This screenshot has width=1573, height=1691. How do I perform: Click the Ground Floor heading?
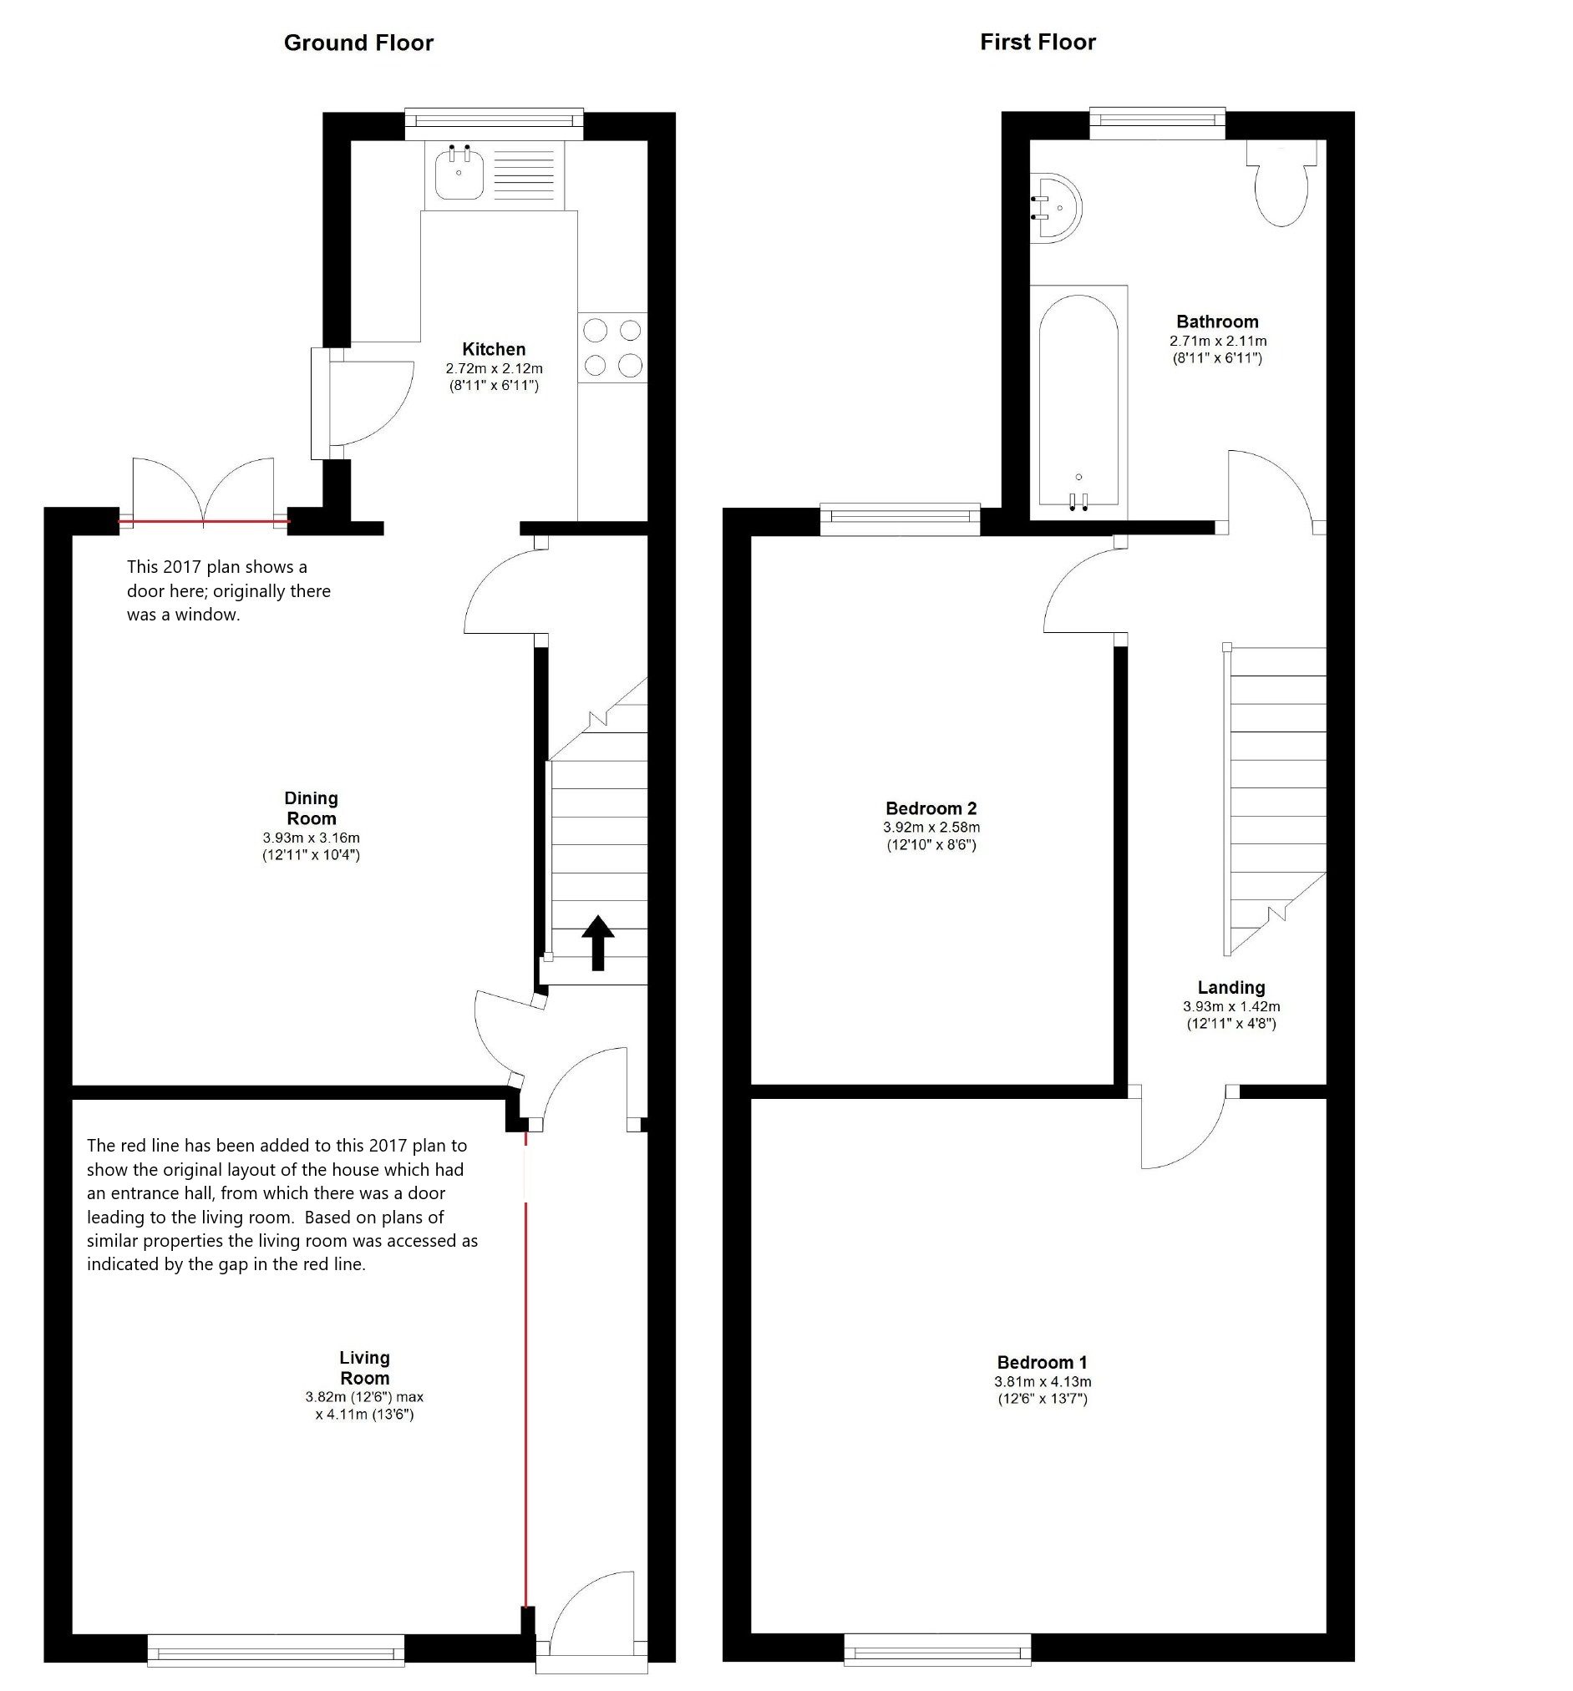pyautogui.click(x=358, y=43)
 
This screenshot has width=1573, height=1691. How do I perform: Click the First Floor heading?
pyautogui.click(x=1037, y=42)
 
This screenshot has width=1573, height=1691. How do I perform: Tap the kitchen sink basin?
pyautogui.click(x=459, y=175)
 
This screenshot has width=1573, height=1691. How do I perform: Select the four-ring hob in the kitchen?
pyautogui.click(x=612, y=347)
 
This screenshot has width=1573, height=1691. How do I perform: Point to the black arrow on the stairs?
pyautogui.click(x=597, y=942)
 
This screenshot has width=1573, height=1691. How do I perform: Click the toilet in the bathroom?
pyautogui.click(x=1281, y=187)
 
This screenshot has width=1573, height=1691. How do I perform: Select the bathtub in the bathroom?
pyautogui.click(x=1078, y=400)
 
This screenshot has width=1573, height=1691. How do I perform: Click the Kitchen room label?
pyautogui.click(x=494, y=349)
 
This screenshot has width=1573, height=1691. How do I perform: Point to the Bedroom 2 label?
pyautogui.click(x=931, y=808)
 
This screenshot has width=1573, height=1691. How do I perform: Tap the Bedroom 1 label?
pyautogui.click(x=1043, y=1362)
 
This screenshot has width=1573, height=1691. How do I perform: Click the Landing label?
pyautogui.click(x=1231, y=988)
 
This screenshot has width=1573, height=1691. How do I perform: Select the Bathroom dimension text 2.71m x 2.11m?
pyautogui.click(x=1217, y=341)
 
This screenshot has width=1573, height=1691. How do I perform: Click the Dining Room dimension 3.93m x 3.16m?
pyautogui.click(x=311, y=838)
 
